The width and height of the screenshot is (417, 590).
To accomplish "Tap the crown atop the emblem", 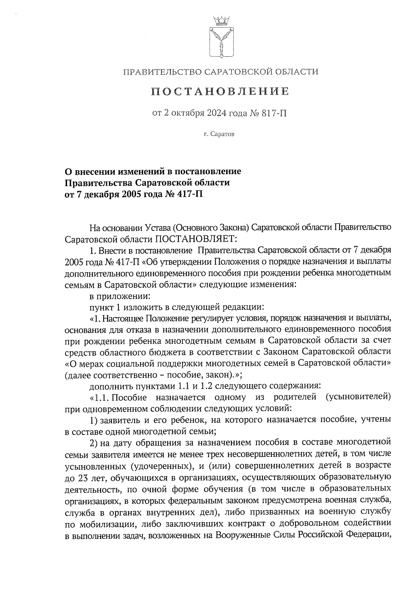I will [221, 21].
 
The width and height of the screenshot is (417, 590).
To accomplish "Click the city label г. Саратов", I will [219, 134].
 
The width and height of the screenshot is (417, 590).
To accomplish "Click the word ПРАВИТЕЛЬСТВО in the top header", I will [162, 72].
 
